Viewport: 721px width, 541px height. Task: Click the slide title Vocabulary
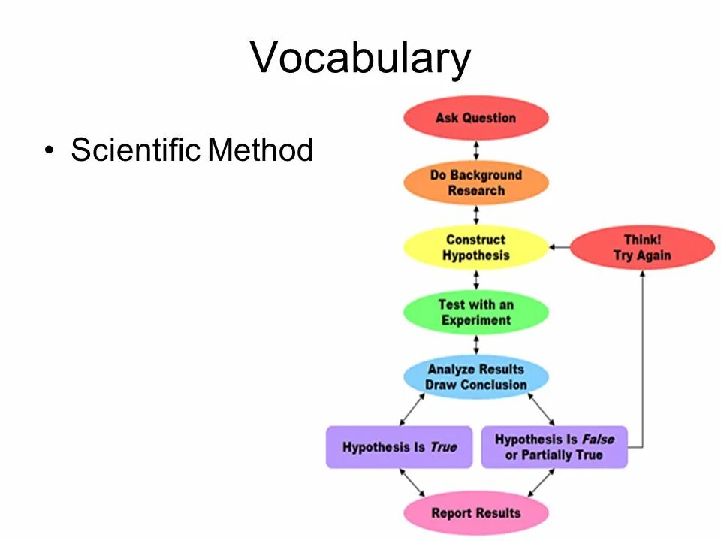coord(360,58)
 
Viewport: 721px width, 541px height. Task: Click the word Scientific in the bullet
coord(136,150)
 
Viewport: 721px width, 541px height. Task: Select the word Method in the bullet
coord(260,150)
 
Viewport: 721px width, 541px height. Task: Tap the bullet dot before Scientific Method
coord(50,151)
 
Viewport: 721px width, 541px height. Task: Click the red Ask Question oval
coord(476,118)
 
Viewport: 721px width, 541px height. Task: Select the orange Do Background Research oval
coord(476,183)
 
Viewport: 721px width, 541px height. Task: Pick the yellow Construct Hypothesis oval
coord(476,248)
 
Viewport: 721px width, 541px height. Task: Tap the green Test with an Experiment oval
coord(476,313)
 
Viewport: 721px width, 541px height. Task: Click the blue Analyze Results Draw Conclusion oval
coord(476,377)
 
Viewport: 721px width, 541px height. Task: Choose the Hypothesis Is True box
coord(399,447)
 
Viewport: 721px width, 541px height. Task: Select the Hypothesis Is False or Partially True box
coord(554,447)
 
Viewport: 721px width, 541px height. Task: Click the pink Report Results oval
coord(476,513)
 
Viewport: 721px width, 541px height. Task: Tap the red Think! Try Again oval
coord(642,248)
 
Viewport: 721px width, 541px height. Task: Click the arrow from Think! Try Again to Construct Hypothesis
coord(560,247)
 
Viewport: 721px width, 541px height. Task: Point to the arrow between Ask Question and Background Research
coord(476,150)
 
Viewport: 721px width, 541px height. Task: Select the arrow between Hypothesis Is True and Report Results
coord(412,482)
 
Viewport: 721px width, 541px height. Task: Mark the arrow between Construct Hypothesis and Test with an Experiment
coord(476,280)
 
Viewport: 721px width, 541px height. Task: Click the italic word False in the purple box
coord(598,440)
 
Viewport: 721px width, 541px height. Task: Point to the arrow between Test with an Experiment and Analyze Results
coord(476,345)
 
